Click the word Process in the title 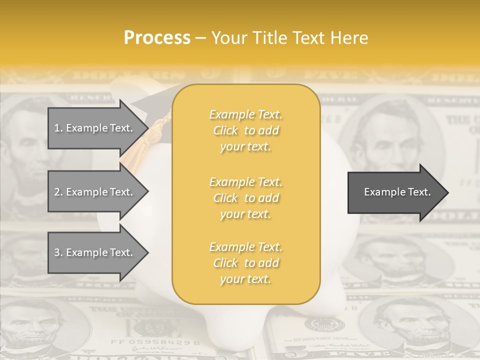tap(157, 38)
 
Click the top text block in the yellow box tap(245, 130)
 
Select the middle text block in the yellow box tap(245, 198)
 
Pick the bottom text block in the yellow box tap(245, 263)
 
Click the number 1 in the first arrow tap(57, 128)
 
